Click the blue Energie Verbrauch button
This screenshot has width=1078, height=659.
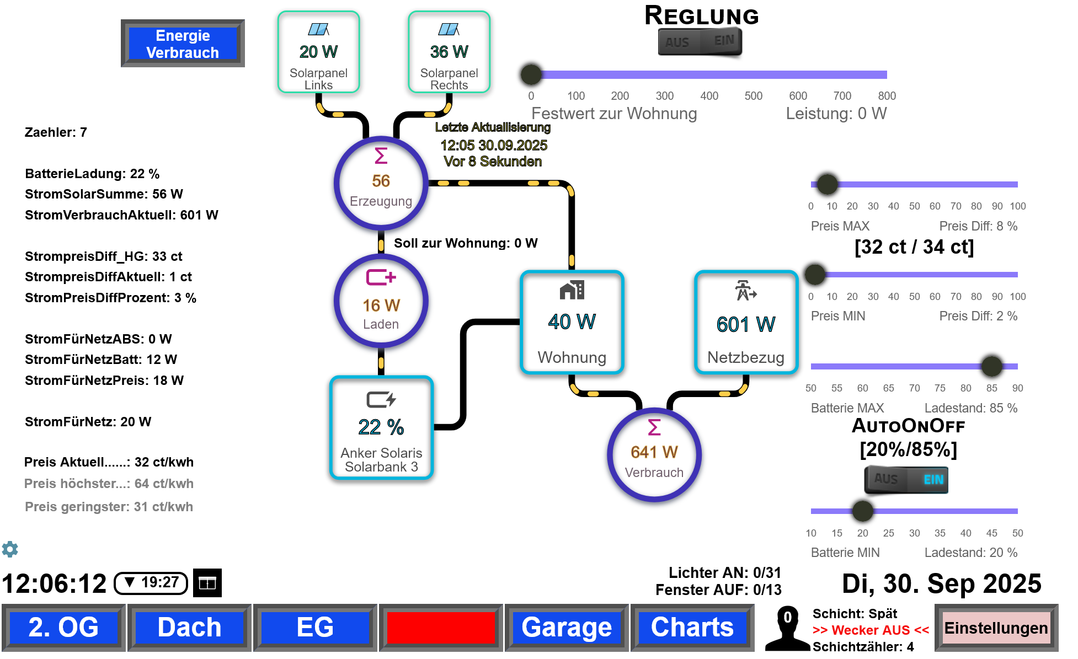point(183,44)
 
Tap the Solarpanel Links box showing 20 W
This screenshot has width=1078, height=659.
point(319,52)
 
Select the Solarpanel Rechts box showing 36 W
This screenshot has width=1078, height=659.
point(449,52)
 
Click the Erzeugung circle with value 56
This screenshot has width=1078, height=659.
point(381,183)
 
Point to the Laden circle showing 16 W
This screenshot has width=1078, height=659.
point(381,302)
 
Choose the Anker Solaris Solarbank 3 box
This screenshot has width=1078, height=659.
point(381,428)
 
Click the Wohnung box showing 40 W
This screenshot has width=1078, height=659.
point(572,323)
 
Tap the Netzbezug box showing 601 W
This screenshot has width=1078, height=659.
point(746,323)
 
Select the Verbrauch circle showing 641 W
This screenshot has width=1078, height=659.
point(654,454)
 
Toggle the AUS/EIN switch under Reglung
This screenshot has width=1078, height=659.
point(700,42)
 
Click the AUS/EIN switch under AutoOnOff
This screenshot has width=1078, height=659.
point(906,479)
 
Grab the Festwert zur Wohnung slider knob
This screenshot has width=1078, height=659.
point(531,74)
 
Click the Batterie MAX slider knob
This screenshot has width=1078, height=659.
point(991,366)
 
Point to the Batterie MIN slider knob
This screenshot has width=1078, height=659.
point(863,511)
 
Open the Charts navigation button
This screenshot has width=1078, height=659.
point(692,628)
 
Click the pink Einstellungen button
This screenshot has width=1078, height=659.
point(996,628)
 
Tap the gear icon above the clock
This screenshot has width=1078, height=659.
point(10,549)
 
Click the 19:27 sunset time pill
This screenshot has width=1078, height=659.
point(151,583)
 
